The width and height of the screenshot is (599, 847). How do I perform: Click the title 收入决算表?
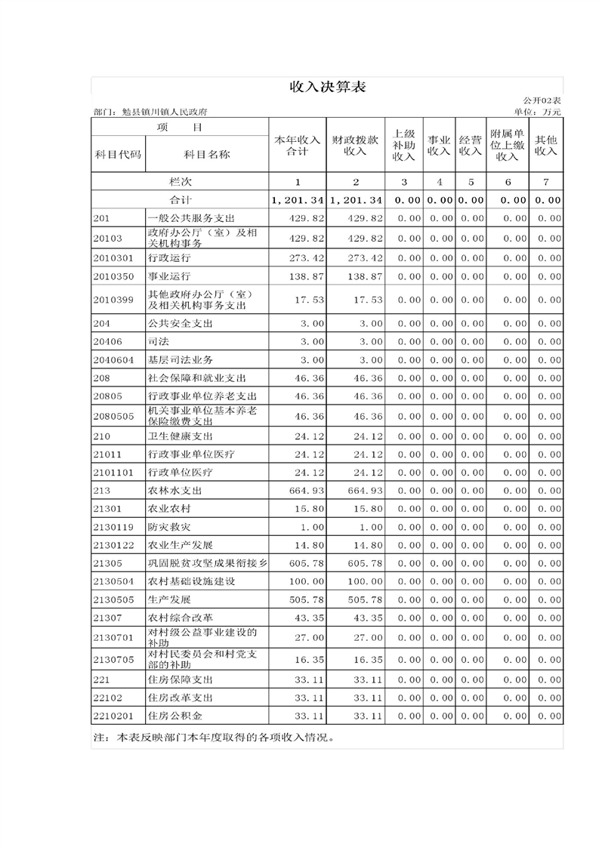[x=328, y=88]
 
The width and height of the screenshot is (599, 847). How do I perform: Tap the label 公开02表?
[x=542, y=100]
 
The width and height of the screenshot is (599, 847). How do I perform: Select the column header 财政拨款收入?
[x=354, y=145]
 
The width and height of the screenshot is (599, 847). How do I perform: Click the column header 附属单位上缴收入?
[x=508, y=145]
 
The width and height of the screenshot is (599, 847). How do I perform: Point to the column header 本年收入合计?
[x=297, y=145]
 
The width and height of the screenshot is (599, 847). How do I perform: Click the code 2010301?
[x=113, y=257]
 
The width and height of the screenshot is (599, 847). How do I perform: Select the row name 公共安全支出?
[x=181, y=323]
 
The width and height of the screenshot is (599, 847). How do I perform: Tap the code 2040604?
[x=113, y=359]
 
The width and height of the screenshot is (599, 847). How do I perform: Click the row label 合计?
[x=180, y=200]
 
